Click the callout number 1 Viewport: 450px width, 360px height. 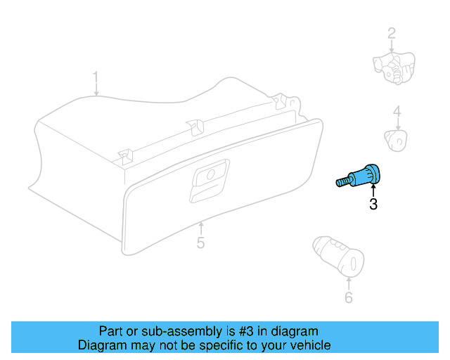(x=96, y=76)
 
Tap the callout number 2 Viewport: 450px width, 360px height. (x=391, y=32)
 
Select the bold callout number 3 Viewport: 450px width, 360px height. (x=373, y=205)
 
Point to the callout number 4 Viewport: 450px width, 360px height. (x=397, y=111)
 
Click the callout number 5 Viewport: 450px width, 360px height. (x=200, y=243)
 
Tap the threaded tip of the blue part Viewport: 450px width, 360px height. (x=341, y=183)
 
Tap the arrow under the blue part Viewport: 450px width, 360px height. (x=373, y=189)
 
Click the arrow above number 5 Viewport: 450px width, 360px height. (x=200, y=229)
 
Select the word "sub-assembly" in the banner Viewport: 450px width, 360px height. (x=156, y=331)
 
